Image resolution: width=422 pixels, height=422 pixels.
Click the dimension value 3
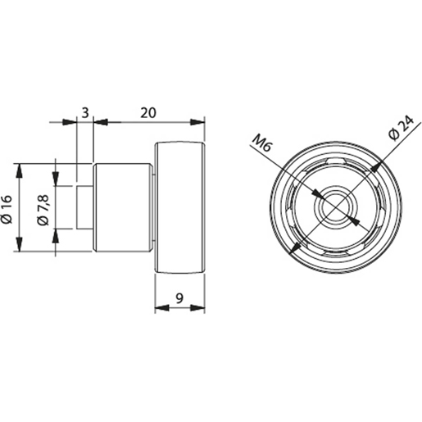84,111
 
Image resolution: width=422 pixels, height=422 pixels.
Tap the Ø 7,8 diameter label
45,208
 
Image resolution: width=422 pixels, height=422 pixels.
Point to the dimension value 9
179,298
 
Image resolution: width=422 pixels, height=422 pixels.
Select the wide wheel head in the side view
179,207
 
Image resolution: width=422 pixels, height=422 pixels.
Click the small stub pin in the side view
85,207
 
